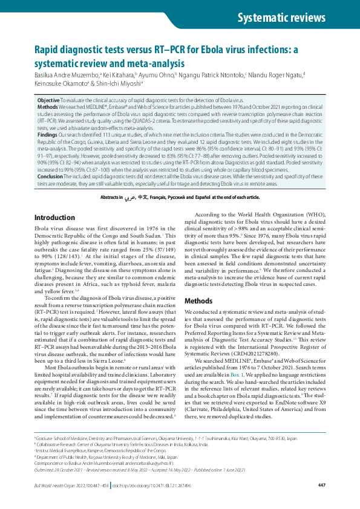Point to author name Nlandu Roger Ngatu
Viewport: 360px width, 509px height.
coord(276,74)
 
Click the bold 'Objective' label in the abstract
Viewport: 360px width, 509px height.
coord(48,99)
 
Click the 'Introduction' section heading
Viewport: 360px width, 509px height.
coord(55,217)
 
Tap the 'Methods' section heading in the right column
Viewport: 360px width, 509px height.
coord(198,300)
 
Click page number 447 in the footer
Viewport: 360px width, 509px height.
coord(322,485)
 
